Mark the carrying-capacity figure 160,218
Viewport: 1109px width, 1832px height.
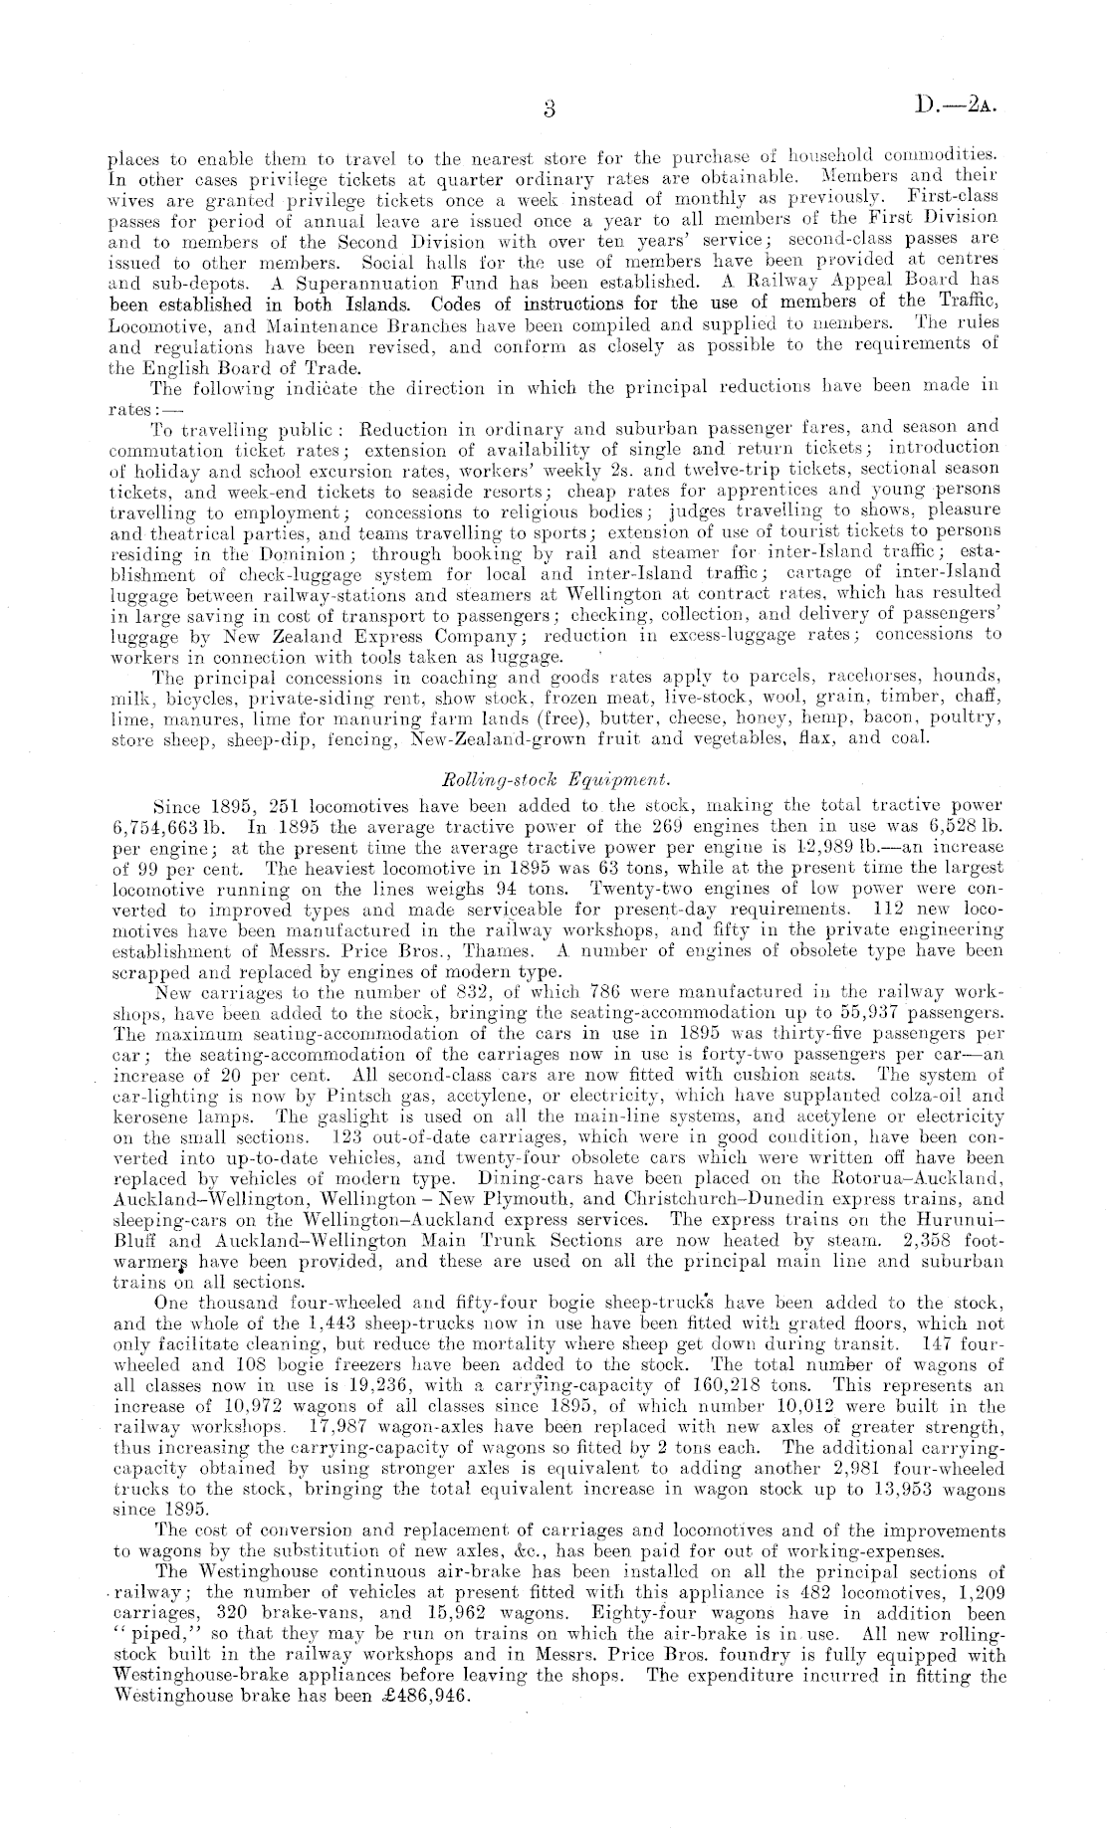point(711,1384)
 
